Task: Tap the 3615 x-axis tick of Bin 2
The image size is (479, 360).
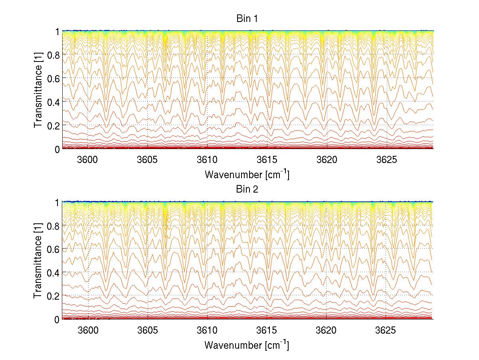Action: tap(267, 330)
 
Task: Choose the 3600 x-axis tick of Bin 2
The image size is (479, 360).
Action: tap(87, 330)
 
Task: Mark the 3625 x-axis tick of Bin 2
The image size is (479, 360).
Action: tap(387, 330)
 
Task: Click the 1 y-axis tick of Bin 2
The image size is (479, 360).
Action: tap(57, 202)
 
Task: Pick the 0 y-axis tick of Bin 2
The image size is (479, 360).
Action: tap(57, 320)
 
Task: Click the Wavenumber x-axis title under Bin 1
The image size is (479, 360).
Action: tap(247, 174)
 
